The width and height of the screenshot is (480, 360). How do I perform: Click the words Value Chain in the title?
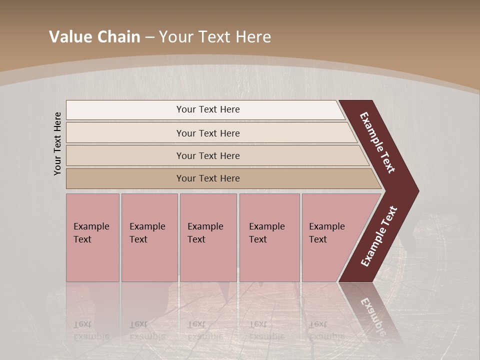(x=94, y=37)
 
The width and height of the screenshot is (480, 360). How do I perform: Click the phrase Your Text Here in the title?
(x=215, y=37)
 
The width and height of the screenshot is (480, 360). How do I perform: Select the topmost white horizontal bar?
(x=125, y=110)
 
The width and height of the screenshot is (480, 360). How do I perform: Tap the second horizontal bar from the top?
(x=125, y=133)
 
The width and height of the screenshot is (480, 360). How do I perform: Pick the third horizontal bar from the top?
(x=125, y=155)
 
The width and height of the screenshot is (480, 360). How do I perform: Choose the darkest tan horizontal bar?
(x=125, y=178)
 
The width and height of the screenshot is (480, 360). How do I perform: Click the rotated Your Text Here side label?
(x=57, y=143)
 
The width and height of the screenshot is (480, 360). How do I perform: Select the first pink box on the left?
(x=92, y=260)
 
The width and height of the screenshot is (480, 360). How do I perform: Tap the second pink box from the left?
(x=149, y=260)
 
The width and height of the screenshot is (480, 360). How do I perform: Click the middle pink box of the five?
(x=208, y=260)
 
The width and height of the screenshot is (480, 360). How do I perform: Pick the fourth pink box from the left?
(x=269, y=260)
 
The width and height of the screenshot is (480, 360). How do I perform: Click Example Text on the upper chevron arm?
(x=377, y=142)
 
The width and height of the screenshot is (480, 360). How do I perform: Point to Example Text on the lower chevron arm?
(x=378, y=236)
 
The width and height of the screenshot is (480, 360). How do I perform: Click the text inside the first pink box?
(x=91, y=233)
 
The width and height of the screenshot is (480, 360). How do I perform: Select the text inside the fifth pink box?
(x=326, y=233)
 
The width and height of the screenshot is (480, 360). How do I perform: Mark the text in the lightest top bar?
(x=208, y=109)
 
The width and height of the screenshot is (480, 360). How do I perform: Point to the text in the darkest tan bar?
(x=208, y=178)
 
